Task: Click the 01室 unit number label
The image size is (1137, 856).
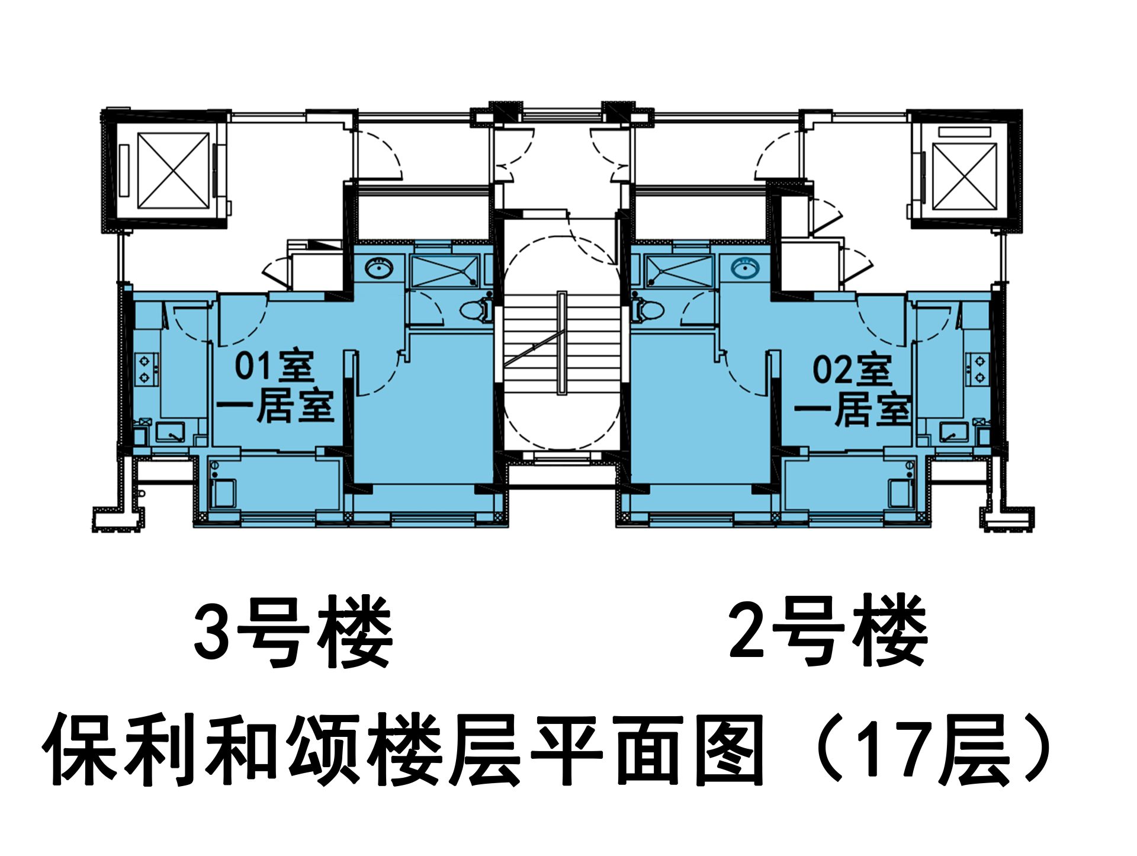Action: [x=274, y=366]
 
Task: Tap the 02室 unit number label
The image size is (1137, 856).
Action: [x=852, y=370]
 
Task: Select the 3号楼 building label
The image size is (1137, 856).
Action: [x=293, y=632]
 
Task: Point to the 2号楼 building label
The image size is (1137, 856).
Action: [x=828, y=630]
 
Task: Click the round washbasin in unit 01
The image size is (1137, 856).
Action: [x=378, y=268]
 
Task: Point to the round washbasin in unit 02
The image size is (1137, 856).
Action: [x=744, y=268]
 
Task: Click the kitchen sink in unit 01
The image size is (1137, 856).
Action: [x=171, y=432]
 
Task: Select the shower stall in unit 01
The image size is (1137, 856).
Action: [x=445, y=272]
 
